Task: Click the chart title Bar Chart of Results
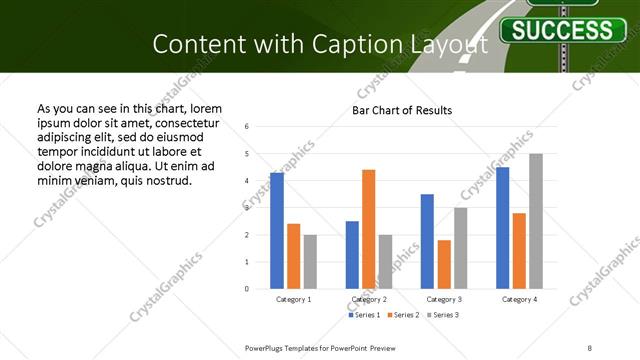[402, 110]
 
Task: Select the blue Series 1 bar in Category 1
[277, 230]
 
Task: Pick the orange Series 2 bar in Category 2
[369, 229]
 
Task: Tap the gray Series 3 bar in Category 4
[536, 221]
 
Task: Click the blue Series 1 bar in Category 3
[427, 241]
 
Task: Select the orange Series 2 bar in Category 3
[444, 264]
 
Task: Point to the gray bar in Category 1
[310, 261]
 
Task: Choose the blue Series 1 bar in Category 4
[502, 228]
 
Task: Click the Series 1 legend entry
[364, 316]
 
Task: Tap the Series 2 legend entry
[403, 316]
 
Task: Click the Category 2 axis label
[369, 299]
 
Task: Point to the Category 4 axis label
[519, 299]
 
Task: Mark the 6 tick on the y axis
[261, 127]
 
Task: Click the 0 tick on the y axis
[261, 289]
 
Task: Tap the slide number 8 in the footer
[590, 347]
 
